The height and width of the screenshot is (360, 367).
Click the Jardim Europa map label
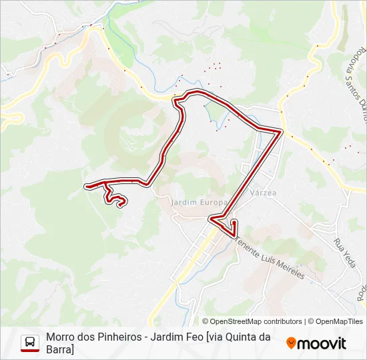point(200,201)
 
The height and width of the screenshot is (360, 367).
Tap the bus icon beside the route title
point(30,343)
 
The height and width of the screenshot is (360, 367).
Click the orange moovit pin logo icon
point(291,343)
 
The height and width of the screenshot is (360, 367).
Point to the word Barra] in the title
point(60,350)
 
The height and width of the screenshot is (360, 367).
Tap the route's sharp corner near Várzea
point(280,133)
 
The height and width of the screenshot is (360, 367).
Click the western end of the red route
point(87,186)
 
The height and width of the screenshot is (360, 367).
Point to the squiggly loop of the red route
point(115,198)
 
